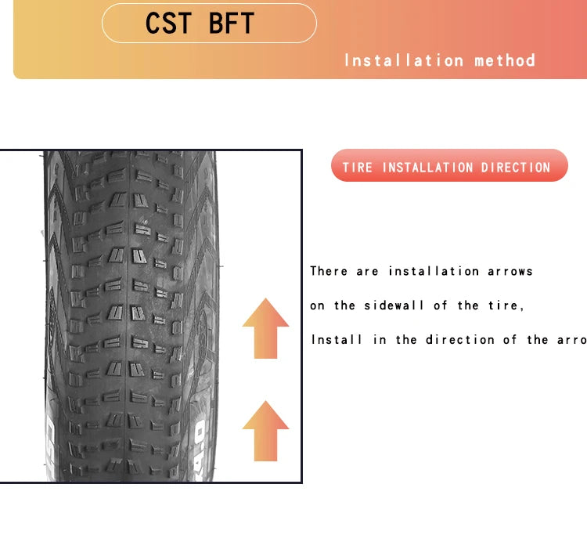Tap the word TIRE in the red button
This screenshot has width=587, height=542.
click(x=358, y=168)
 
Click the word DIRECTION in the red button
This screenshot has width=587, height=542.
click(x=516, y=168)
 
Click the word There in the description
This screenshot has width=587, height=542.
click(x=329, y=271)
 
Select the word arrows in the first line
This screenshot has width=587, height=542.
click(x=510, y=271)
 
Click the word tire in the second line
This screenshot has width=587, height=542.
click(x=506, y=305)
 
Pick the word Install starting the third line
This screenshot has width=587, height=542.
click(x=337, y=340)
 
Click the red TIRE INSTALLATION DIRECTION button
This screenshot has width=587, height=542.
click(x=449, y=166)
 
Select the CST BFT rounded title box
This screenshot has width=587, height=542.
click(x=209, y=23)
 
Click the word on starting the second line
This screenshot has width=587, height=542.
click(x=317, y=305)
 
